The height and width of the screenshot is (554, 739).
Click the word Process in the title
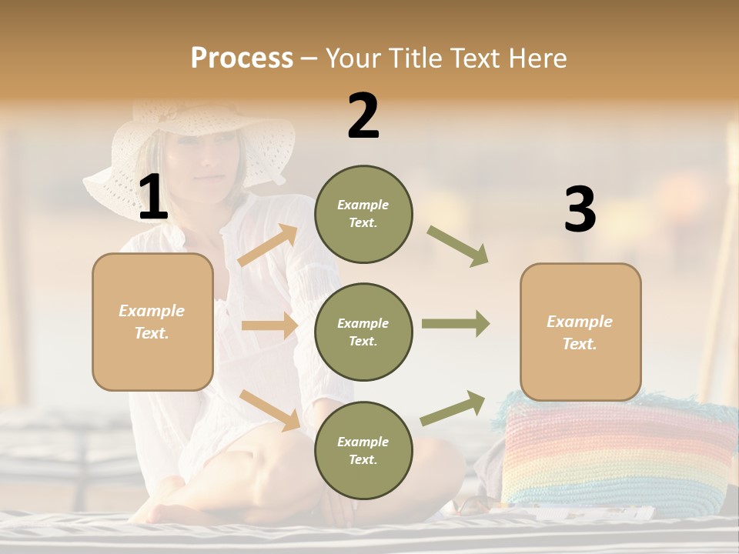(242, 58)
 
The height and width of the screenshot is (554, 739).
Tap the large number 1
(153, 198)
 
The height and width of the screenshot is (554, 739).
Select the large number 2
(363, 116)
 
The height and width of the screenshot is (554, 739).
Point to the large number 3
(580, 210)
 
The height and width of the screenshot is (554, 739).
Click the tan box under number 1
(152, 322)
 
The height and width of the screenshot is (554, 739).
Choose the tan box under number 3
(580, 332)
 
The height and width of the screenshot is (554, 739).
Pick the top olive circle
(363, 214)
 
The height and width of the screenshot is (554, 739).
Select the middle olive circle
(363, 332)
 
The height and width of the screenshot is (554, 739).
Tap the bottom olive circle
(363, 450)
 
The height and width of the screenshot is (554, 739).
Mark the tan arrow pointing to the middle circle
(269, 325)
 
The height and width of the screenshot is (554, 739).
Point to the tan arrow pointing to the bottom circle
(269, 410)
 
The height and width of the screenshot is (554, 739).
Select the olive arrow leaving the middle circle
(455, 324)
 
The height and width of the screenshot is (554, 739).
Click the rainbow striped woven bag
(616, 454)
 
